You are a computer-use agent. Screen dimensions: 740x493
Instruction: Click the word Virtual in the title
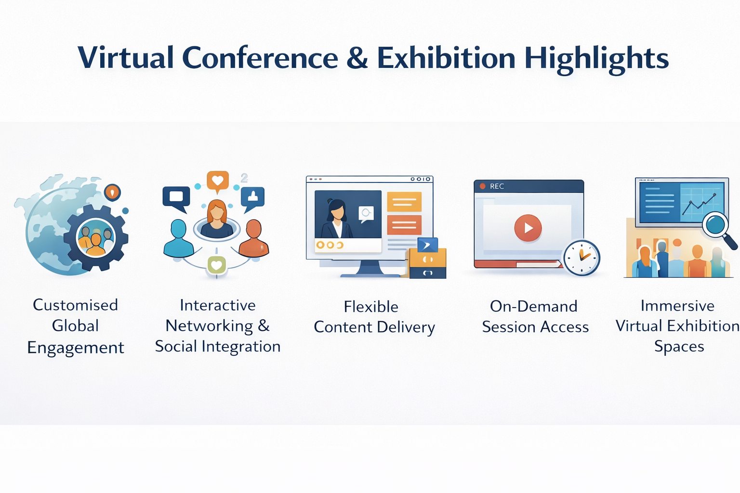coord(126,57)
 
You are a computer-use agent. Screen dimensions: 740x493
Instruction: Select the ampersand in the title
coord(357,57)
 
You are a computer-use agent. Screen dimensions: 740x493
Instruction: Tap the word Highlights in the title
coord(596,59)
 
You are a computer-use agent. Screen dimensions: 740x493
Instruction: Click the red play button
coord(528,228)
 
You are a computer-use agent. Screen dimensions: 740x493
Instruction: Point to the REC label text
coord(497,186)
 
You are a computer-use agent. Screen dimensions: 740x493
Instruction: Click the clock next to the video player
coord(581,258)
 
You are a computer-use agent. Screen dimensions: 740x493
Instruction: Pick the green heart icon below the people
coord(216,265)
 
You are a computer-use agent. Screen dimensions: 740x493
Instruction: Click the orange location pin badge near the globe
coord(112,192)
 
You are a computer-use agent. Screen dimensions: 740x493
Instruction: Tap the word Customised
coord(75,305)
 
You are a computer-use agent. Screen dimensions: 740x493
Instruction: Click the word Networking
coord(210,326)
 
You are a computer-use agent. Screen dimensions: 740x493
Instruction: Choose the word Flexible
coord(371,307)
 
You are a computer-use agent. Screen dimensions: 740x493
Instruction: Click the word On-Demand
coord(533,306)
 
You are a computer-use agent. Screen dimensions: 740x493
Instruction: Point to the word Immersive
coord(677,305)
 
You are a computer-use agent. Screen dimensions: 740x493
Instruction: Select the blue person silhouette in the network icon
coord(179,238)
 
